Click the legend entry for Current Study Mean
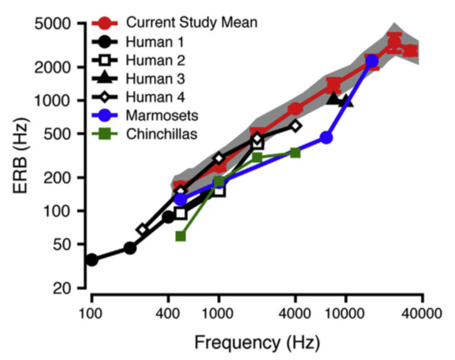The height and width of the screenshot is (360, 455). click(191, 23)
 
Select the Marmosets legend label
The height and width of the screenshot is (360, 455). click(161, 116)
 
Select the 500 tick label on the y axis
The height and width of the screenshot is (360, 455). click(58, 134)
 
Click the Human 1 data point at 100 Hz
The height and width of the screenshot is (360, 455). click(92, 259)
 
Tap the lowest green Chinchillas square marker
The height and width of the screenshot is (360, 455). click(181, 236)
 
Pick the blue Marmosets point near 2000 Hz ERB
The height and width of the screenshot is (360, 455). click(372, 61)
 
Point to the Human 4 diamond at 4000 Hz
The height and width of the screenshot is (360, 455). click(295, 126)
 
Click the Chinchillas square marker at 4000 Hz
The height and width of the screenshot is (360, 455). click(295, 153)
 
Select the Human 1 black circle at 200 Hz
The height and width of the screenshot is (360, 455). click(130, 248)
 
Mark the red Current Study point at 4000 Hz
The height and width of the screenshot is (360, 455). click(295, 109)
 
